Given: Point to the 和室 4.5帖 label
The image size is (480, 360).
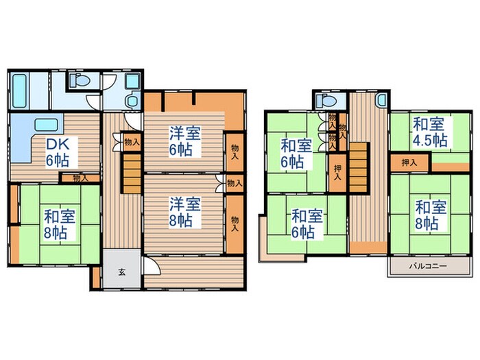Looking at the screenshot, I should [x=430, y=132].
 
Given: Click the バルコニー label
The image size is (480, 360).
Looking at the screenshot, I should [x=429, y=265].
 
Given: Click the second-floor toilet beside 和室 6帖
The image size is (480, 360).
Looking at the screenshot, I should [x=322, y=101].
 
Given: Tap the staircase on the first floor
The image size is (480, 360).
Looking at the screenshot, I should [x=132, y=173].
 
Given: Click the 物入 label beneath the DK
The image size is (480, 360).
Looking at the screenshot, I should [x=80, y=178].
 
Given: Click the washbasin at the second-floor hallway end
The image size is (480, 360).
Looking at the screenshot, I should [x=381, y=100].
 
